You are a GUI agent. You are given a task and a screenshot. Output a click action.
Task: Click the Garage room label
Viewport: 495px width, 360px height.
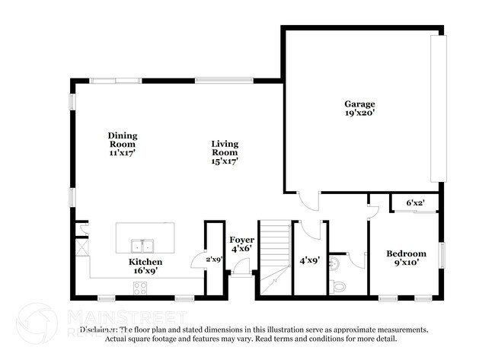pyautogui.click(x=359, y=104)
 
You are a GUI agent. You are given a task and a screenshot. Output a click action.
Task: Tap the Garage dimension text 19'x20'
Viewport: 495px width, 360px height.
pyautogui.click(x=359, y=113)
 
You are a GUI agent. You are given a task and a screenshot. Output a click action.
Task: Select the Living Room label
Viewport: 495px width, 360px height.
pyautogui.click(x=225, y=148)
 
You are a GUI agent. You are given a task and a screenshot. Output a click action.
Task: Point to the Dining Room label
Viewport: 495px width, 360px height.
pyautogui.click(x=122, y=140)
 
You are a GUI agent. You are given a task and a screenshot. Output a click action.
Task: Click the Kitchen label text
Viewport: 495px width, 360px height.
pyautogui.click(x=144, y=262)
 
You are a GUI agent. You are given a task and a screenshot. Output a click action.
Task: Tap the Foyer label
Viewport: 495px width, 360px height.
pyautogui.click(x=243, y=240)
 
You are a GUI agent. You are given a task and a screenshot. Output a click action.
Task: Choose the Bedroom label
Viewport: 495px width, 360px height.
pyautogui.click(x=406, y=253)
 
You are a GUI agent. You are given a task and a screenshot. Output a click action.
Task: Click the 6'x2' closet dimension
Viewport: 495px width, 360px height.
pyautogui.click(x=416, y=203)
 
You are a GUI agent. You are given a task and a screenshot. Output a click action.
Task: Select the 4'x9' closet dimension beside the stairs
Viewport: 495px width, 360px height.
pyautogui.click(x=308, y=260)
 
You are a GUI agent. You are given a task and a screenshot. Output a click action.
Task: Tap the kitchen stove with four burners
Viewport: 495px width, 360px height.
pyautogui.click(x=141, y=288)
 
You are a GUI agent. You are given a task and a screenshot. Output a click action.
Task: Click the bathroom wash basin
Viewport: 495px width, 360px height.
pyautogui.click(x=334, y=262)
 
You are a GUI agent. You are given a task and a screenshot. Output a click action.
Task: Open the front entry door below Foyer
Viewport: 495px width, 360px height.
pyautogui.click(x=242, y=267)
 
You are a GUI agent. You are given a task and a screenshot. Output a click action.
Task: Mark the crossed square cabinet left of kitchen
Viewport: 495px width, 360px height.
pyautogui.click(x=81, y=247)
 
